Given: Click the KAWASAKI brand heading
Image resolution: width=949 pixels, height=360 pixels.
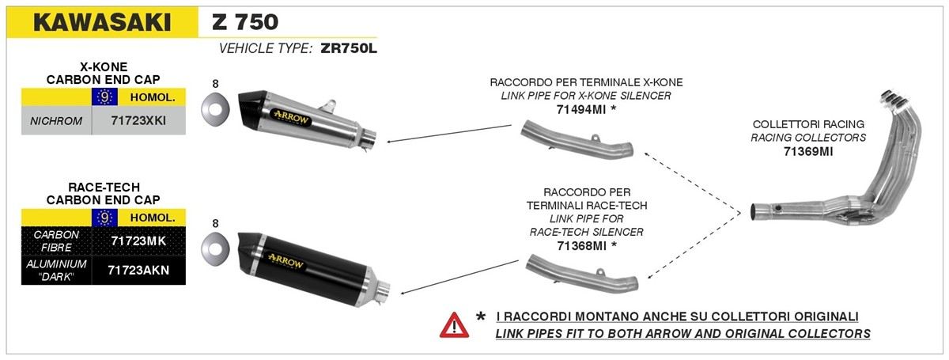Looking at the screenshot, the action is pos(102,22).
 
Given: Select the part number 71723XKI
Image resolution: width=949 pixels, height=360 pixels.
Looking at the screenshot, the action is pos(138,121).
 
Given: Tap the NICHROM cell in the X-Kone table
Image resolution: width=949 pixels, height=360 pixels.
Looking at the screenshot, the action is pos(56,121).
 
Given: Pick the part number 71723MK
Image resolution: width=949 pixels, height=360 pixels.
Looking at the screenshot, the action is pos(138,241).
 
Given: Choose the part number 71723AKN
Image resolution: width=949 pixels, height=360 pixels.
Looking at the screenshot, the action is pos(138,270).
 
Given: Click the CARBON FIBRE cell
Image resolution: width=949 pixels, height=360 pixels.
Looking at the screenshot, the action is pos(56,241).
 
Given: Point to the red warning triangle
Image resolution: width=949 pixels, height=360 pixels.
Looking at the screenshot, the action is pos(454,326).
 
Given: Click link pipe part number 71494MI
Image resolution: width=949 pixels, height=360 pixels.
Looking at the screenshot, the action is pos(580,109).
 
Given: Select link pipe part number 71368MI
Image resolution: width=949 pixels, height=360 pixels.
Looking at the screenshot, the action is pos(581,245).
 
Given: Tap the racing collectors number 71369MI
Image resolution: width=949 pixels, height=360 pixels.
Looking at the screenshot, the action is pos(808,151).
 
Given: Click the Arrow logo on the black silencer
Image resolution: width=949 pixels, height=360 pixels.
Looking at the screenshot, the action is pos(286,262).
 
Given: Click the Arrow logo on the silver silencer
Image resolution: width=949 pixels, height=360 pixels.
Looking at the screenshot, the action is pos(291,118).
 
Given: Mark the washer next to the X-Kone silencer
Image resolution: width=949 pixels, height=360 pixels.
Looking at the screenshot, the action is pos(215,109).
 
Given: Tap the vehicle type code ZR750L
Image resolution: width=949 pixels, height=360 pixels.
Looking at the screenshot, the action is pos(349,48).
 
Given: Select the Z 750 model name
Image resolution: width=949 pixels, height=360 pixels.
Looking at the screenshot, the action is pos(245,22).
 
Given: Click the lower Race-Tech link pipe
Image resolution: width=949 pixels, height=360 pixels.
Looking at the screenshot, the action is pos(582,274).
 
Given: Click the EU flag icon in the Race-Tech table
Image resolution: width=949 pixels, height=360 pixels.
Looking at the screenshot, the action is pos(104,218).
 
